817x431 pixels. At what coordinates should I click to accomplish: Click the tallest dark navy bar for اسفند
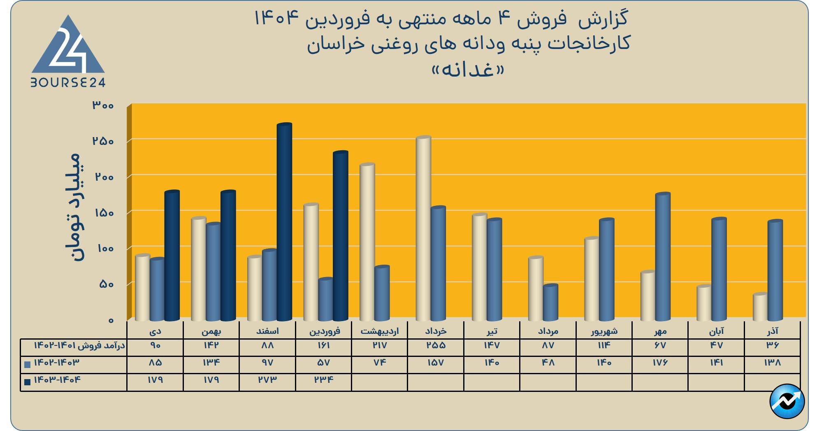[284, 222]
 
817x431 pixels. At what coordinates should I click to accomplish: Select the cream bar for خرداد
[423, 228]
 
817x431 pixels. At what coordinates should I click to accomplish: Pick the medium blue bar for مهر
[663, 257]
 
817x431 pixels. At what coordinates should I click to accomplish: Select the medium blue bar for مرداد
[550, 303]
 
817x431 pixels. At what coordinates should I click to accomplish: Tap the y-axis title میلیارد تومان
[75, 207]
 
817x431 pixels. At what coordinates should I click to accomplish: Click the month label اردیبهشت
[380, 331]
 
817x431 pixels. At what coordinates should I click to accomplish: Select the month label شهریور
[604, 331]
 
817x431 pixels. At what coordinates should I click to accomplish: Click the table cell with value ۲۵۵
[436, 345]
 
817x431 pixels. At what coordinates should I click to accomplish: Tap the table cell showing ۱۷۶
[660, 363]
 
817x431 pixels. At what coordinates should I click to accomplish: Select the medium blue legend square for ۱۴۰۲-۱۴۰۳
[28, 364]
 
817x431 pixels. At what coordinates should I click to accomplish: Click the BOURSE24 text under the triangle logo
[68, 83]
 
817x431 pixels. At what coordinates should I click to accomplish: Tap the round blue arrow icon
[787, 401]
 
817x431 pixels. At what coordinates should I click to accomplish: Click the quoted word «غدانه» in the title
[468, 70]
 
